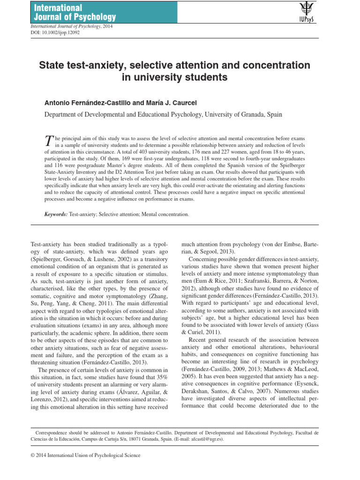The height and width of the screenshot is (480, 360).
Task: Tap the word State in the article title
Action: pyautogui.click(x=52, y=65)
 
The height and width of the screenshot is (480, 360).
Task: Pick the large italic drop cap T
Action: pyautogui.click(x=48, y=141)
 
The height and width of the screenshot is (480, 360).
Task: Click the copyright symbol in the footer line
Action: pyautogui.click(x=32, y=455)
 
